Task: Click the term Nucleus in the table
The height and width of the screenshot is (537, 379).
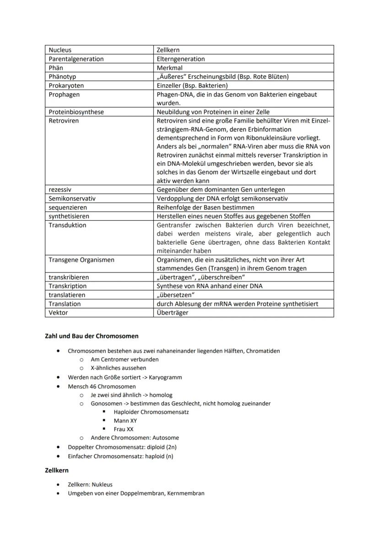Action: [60, 50]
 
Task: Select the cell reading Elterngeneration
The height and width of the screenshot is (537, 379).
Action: [181, 59]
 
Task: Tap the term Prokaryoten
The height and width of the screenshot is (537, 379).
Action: [66, 85]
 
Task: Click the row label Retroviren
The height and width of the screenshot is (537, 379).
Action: [64, 121]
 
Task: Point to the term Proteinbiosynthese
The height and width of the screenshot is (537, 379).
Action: [76, 112]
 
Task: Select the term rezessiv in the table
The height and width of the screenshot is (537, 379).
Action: [60, 189]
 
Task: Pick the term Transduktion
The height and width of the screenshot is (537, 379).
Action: [67, 225]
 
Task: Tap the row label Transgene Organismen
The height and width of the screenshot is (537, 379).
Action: [81, 260]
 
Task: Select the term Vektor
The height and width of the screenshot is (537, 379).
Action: [58, 313]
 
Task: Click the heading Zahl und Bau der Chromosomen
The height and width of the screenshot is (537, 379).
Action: [92, 336]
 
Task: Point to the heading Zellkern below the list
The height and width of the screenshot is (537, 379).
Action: [57, 471]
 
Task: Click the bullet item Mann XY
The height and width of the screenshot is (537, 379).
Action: [125, 421]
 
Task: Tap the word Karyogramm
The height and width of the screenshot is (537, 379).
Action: [165, 377]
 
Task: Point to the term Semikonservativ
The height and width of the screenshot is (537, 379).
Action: [72, 199]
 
